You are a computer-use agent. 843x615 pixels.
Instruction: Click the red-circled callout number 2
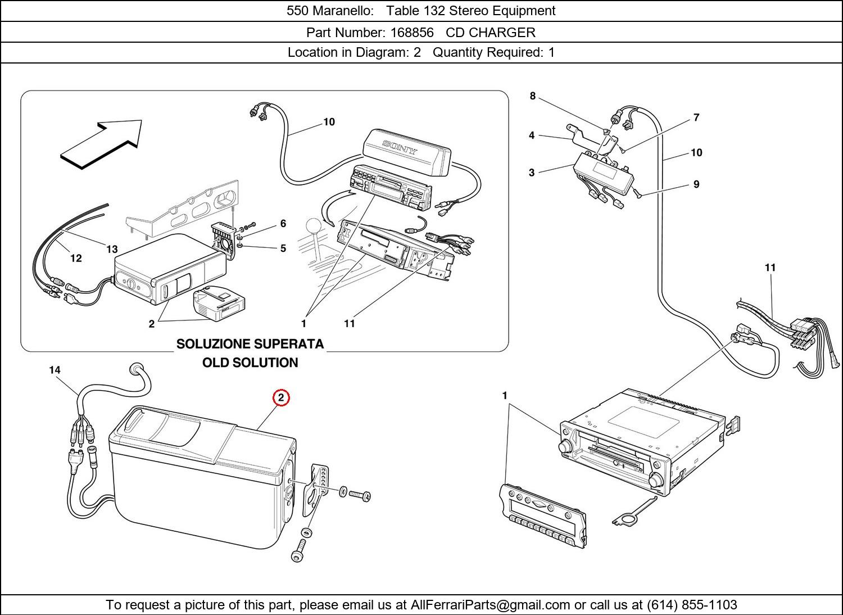point(281,398)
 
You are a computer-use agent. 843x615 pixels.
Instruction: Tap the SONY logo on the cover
point(400,148)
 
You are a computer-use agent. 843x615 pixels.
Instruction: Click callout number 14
point(55,370)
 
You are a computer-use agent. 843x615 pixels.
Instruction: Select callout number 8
point(533,96)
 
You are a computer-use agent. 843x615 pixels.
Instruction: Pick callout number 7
point(696,117)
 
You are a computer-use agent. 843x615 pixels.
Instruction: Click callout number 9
point(696,184)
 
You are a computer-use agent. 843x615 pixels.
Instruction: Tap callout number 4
point(532,135)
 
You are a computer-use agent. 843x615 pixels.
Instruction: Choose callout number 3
point(532,173)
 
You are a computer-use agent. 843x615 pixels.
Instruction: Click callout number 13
point(112,249)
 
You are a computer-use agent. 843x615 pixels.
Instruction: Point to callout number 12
point(76,258)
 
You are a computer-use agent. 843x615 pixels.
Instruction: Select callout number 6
point(283,224)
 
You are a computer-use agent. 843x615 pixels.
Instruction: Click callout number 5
point(283,248)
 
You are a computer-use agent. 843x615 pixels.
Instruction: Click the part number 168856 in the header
point(412,33)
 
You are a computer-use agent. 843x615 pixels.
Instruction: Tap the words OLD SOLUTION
point(250,363)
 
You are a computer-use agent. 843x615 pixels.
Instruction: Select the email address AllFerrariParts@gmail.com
point(491,605)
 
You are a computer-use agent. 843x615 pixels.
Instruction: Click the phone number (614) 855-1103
point(692,605)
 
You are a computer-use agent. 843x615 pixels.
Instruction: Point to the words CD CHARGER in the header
point(491,33)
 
